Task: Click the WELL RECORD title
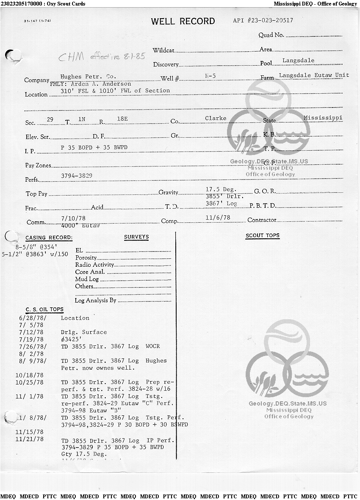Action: coord(183,22)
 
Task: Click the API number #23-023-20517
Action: coord(263,20)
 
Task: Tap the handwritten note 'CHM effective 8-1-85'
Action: coord(102,56)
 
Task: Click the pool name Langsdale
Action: coord(298,61)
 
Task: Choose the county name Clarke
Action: coord(216,118)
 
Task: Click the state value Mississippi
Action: coord(323,118)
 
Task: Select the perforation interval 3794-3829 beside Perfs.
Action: coord(77,175)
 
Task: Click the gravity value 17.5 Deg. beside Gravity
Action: coord(221,189)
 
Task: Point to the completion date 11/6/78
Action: coord(218,218)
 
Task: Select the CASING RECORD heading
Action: coord(49,238)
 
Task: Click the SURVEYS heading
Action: coord(136,237)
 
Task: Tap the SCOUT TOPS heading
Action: coord(263,236)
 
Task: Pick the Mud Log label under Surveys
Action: coord(87,279)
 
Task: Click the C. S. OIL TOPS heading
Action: coord(44,309)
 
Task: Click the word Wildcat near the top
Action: coord(163,50)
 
